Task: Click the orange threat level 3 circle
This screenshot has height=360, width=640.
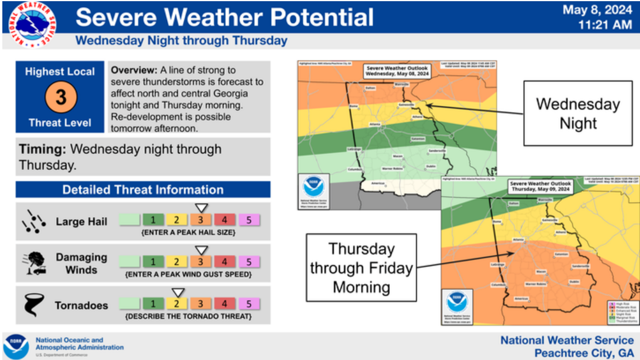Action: click(x=60, y=97)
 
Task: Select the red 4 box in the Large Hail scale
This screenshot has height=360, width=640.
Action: click(x=225, y=220)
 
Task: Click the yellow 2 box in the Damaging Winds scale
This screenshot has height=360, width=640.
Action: click(x=176, y=262)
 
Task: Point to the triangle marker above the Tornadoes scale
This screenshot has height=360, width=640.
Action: click(x=178, y=292)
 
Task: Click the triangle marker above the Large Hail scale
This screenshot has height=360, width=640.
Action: click(x=200, y=208)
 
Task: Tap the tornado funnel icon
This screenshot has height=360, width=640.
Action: click(x=31, y=304)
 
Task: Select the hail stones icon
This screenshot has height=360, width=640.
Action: click(x=32, y=221)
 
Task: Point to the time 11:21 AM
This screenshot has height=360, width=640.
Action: click(x=605, y=25)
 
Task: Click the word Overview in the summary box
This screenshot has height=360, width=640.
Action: click(x=134, y=71)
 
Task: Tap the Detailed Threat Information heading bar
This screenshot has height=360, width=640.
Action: click(x=143, y=189)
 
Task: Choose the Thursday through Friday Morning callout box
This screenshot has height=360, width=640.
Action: click(x=361, y=268)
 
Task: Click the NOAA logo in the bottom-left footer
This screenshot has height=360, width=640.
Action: click(x=16, y=346)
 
